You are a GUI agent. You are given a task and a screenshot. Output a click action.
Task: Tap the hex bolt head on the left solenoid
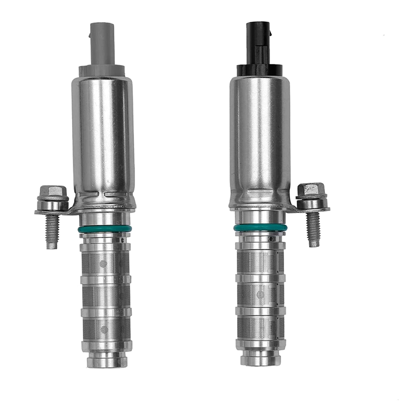[x=53, y=192]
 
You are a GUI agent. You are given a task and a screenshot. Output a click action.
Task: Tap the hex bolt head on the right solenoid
[x=311, y=190]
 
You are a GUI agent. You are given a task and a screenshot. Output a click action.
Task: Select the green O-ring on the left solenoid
[x=105, y=229]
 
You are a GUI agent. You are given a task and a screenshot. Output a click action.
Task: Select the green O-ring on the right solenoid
[x=260, y=228]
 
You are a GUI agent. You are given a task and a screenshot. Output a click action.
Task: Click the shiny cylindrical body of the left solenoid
[x=104, y=136]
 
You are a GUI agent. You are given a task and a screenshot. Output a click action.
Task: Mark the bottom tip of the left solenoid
[x=107, y=362]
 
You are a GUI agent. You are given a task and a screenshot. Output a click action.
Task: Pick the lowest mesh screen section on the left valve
[x=106, y=330]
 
